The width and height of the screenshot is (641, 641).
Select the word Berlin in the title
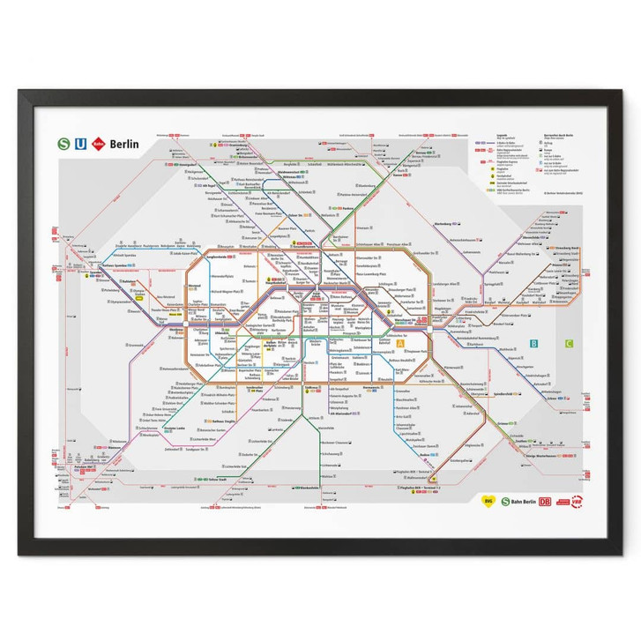coord(123,143)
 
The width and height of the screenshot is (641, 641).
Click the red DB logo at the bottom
coord(547,502)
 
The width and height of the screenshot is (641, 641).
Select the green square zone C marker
coord(570,344)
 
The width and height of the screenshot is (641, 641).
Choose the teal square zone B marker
coord(534,344)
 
